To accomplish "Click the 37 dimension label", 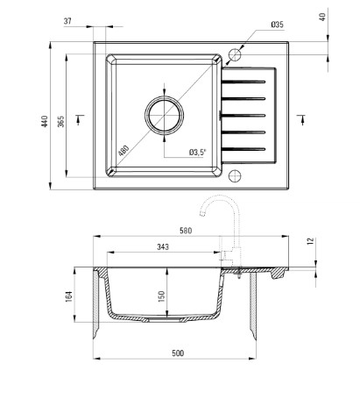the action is click(67, 21).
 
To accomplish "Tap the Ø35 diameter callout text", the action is click(277, 25).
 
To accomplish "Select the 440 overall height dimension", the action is click(45, 121).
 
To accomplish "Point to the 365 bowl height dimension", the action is click(60, 121).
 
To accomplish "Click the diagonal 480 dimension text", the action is click(124, 151).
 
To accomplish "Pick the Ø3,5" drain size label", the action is click(197, 153).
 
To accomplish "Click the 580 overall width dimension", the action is click(186, 231).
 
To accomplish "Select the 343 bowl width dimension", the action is click(163, 247).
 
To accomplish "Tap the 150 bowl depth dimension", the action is click(161, 296).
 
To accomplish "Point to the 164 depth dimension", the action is click(69, 296).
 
